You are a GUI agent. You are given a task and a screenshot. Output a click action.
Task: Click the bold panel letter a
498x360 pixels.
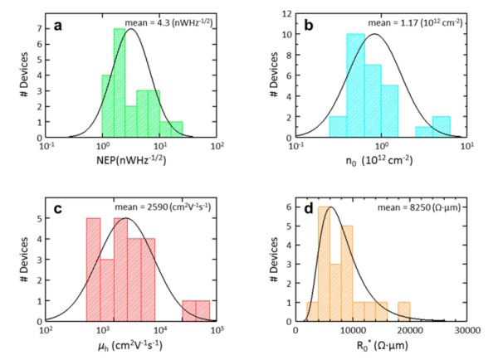pyautogui.click(x=59, y=25)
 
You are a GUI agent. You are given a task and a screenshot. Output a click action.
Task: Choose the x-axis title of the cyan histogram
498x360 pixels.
pyautogui.click(x=380, y=161)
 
